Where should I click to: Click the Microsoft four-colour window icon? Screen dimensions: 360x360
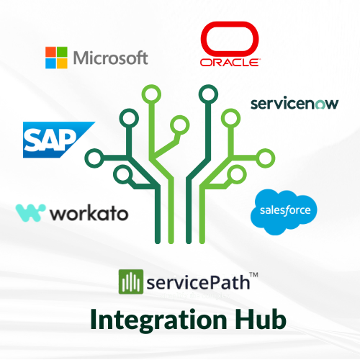point(56,58)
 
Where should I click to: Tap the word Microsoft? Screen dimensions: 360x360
point(111,58)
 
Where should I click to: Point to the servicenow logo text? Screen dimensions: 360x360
point(294,104)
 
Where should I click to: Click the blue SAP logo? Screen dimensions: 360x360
point(59,140)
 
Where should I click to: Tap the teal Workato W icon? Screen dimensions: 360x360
point(30,213)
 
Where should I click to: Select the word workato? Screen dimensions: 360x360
point(89,213)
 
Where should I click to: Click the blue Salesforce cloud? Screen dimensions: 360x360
point(284,211)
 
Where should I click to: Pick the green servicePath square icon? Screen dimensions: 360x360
point(131,282)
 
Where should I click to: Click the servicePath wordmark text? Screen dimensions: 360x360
point(198,283)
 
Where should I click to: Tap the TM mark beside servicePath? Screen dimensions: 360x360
point(253,274)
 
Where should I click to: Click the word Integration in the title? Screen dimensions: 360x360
point(159,320)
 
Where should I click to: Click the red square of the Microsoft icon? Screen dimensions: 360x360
point(50,52)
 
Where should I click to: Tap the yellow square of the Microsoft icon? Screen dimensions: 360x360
point(62,63)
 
